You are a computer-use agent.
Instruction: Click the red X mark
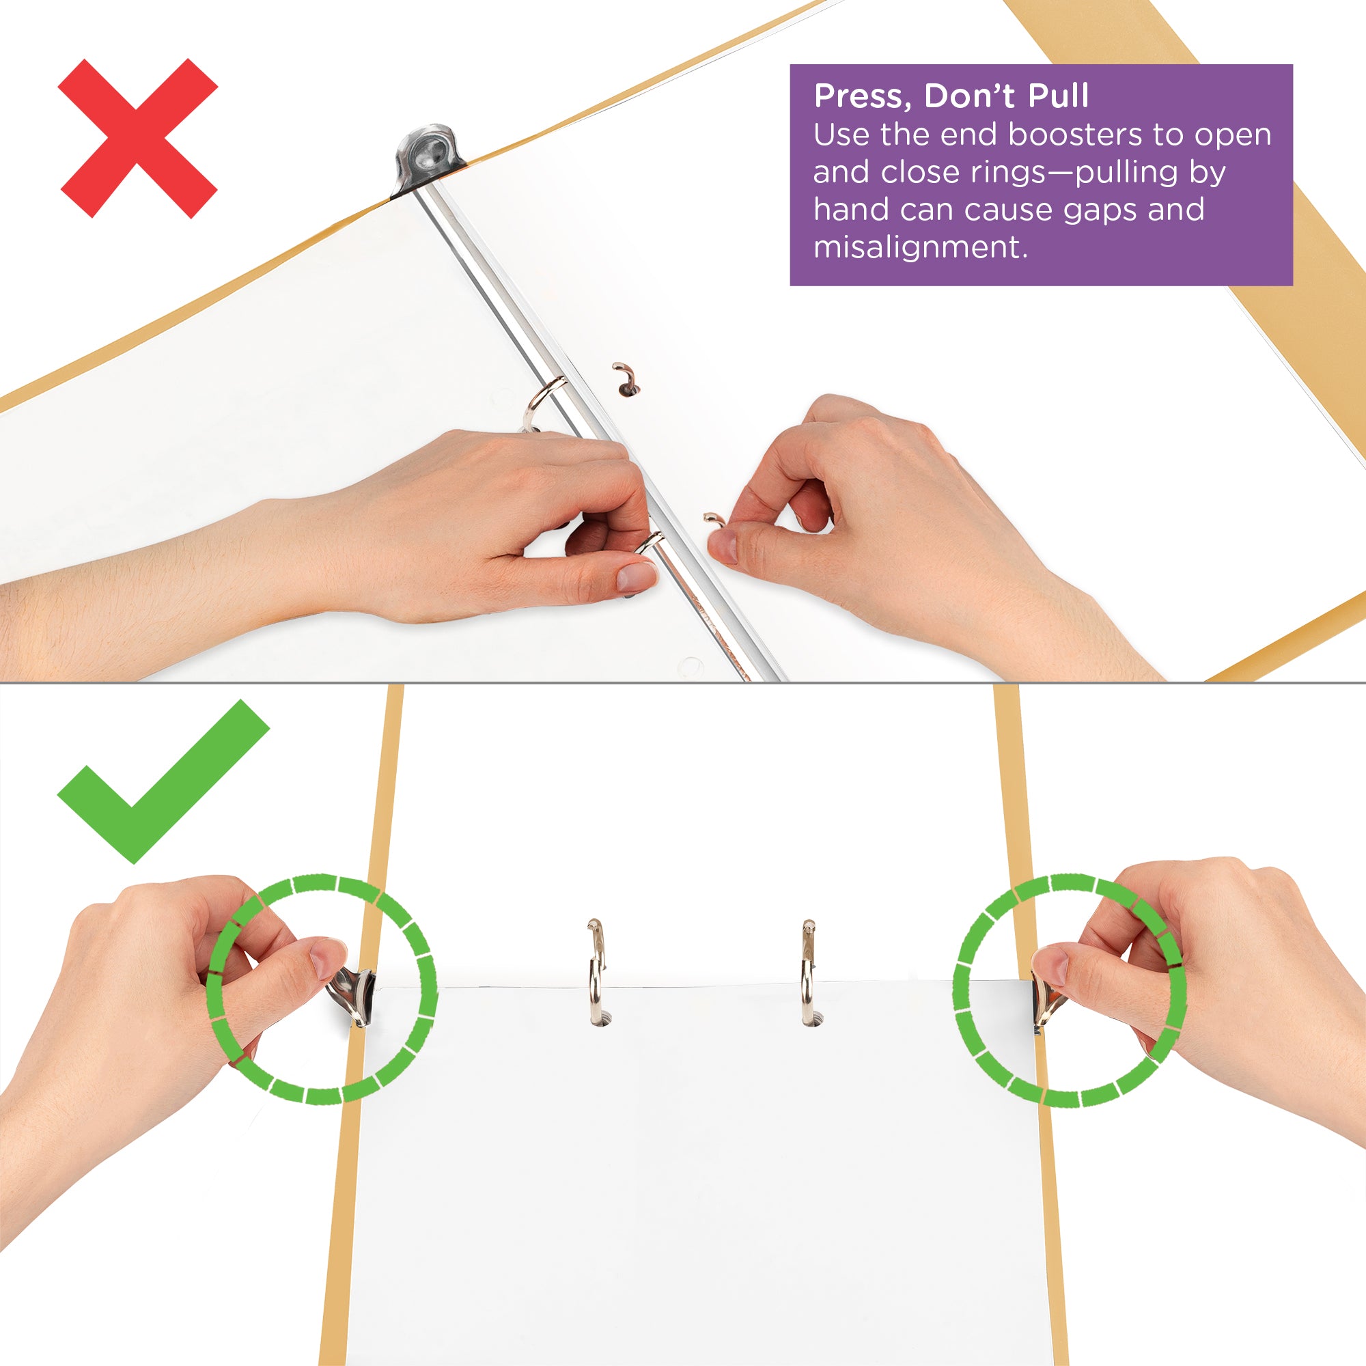[x=138, y=139]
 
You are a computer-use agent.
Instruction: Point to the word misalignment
[x=919, y=247]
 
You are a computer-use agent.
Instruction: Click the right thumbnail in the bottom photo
[x=1050, y=965]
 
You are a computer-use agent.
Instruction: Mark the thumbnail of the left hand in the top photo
[x=636, y=576]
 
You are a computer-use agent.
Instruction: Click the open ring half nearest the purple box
[x=625, y=379]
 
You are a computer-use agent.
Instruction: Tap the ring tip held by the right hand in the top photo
[x=714, y=520]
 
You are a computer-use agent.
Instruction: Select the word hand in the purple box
[x=846, y=210]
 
